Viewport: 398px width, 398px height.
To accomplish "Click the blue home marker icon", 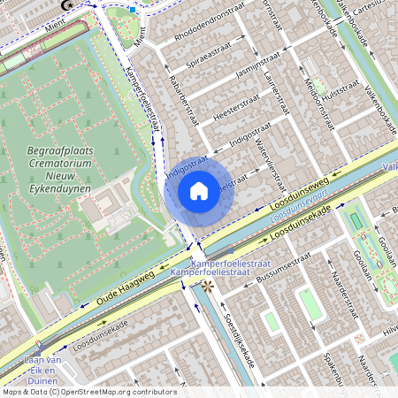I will click(199, 190).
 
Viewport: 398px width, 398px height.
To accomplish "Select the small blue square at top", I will click(133, 10).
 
